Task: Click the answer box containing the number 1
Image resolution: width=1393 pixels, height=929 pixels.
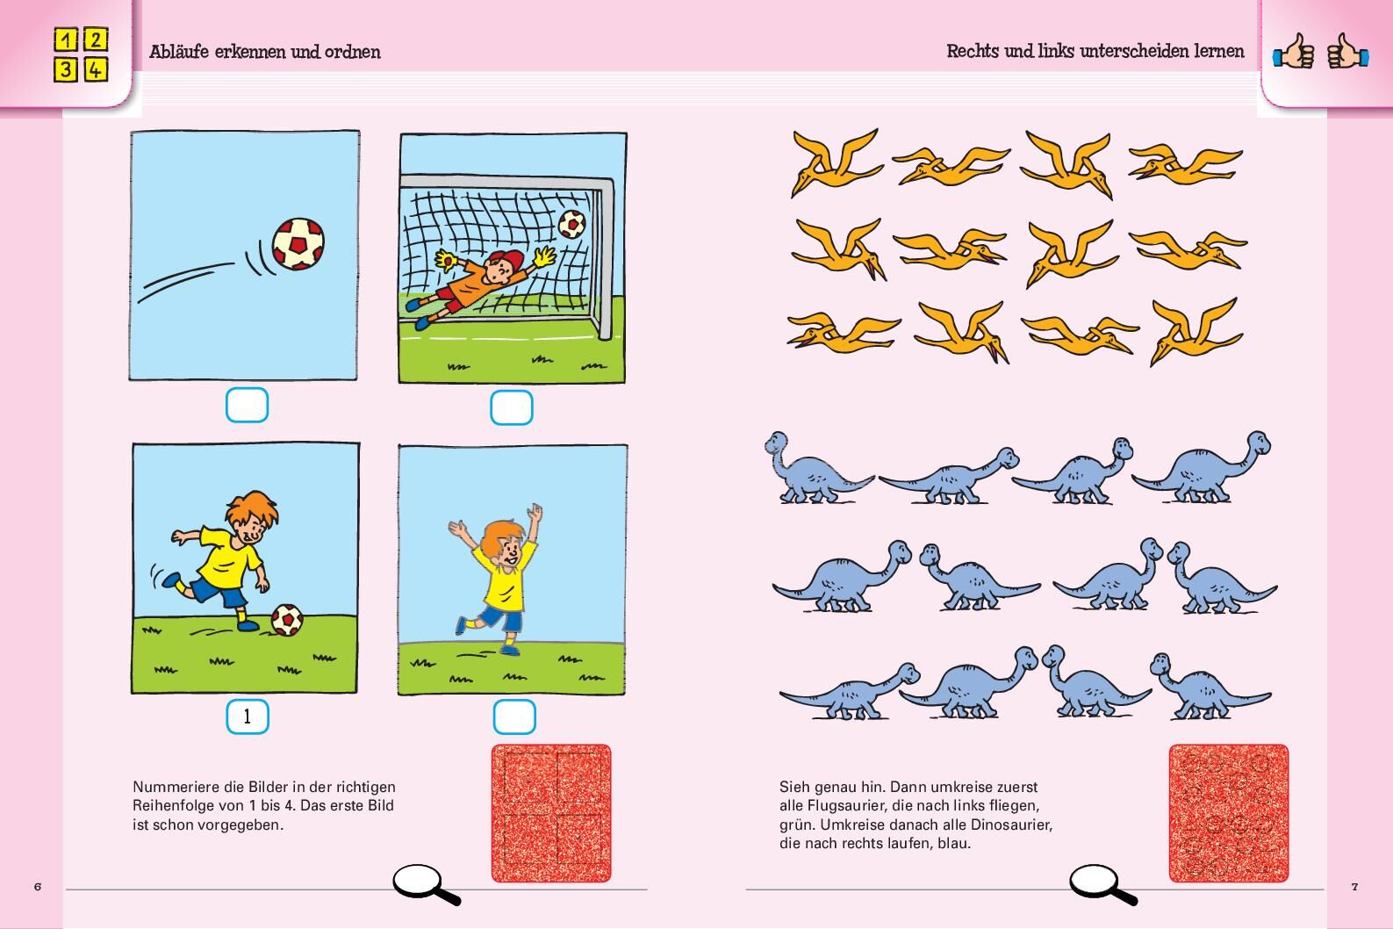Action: [248, 717]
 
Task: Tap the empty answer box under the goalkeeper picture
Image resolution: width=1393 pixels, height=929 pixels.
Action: [511, 407]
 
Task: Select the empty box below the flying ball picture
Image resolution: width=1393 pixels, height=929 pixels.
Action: [247, 405]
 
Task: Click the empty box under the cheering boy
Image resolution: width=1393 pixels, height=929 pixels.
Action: [514, 717]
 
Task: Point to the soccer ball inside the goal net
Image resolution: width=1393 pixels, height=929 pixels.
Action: [571, 224]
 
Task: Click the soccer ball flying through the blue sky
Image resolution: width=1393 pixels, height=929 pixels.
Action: [298, 243]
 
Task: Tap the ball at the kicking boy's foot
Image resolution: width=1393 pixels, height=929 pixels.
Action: [287, 620]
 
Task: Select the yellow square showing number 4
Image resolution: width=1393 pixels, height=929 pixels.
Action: [95, 69]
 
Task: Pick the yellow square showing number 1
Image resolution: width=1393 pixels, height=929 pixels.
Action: [66, 40]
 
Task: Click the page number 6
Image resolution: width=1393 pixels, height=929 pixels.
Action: [38, 887]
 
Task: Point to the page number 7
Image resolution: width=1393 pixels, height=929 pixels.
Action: [1355, 887]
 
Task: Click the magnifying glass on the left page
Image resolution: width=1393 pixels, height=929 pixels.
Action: [426, 883]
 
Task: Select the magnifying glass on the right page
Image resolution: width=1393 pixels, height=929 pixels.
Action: [1102, 883]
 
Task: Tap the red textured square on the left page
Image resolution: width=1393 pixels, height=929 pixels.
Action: [551, 813]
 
